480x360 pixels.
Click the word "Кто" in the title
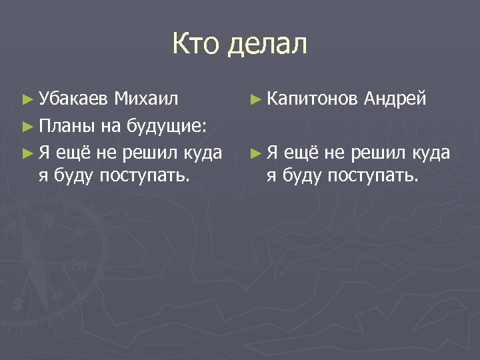(x=196, y=45)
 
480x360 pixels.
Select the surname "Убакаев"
(x=74, y=99)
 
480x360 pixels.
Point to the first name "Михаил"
(x=146, y=99)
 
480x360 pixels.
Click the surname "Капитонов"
(x=313, y=99)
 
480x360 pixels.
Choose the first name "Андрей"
(x=395, y=99)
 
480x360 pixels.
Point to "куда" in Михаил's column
(x=205, y=153)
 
